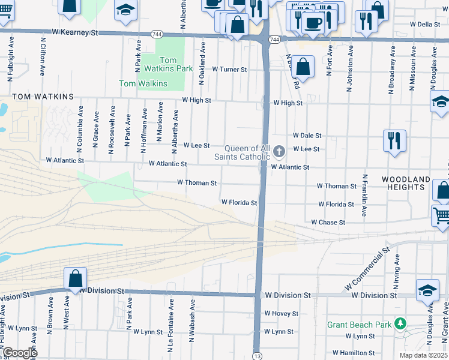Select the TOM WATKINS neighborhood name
(x=43, y=97)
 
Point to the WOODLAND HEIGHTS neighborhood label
(x=406, y=183)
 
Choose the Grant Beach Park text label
(x=359, y=325)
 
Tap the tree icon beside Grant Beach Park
(x=399, y=325)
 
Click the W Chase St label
(x=328, y=222)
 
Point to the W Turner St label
(x=229, y=70)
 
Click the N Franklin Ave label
(x=364, y=194)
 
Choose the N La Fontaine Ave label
(x=171, y=321)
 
